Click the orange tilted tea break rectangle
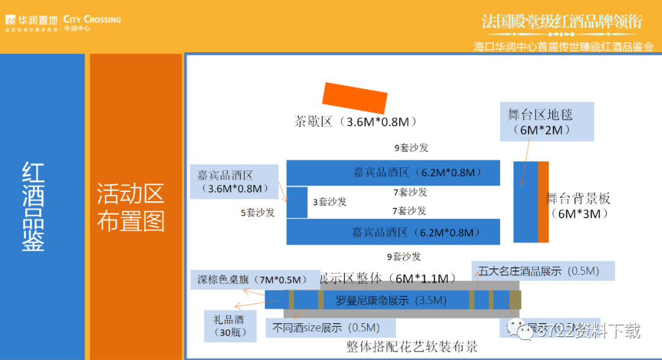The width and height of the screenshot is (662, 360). pyautogui.click(x=355, y=96)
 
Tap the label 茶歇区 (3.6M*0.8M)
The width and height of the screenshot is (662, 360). pyautogui.click(x=356, y=121)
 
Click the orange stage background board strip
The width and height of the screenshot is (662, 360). pyautogui.click(x=543, y=202)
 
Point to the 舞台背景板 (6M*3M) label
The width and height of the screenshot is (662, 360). pyautogui.click(x=578, y=206)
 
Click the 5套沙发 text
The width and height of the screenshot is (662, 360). pyautogui.click(x=257, y=213)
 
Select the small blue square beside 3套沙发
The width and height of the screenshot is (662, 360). pyautogui.click(x=297, y=202)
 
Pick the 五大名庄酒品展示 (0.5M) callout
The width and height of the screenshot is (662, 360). pyautogui.click(x=542, y=271)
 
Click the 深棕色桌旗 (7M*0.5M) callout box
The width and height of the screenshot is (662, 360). pyautogui.click(x=254, y=280)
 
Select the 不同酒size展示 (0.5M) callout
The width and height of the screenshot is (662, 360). pyautogui.click(x=331, y=327)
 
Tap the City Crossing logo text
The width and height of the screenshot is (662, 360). pyautogui.click(x=92, y=20)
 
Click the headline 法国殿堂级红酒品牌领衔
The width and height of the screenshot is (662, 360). pyautogui.click(x=561, y=22)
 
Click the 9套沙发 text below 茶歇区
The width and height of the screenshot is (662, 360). pyautogui.click(x=411, y=148)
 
